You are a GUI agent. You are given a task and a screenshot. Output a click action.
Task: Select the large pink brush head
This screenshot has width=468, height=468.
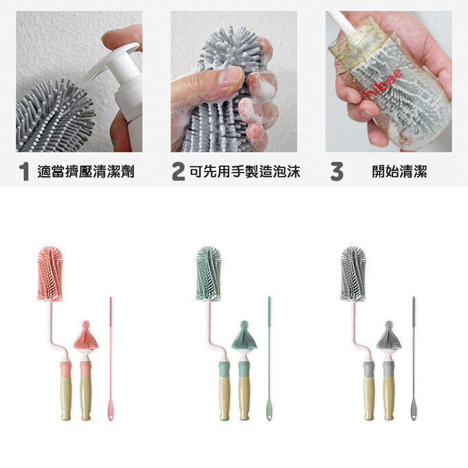pos(50,274)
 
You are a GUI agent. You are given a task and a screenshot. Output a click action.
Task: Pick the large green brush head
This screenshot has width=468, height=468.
pos(208,274)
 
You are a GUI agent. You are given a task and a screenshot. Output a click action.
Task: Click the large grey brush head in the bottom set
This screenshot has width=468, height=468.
pos(353,274)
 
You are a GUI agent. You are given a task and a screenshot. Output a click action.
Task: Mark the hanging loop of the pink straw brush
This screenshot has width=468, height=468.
pos(111,416)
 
